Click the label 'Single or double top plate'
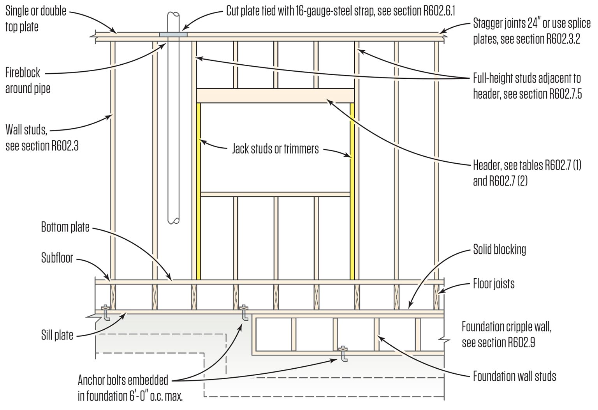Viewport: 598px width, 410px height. (36, 19)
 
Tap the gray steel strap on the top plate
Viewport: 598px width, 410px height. (173, 35)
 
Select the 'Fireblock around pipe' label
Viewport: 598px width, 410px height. (28, 81)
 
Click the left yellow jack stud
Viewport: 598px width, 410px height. (199, 191)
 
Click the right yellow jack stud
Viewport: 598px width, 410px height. (352, 191)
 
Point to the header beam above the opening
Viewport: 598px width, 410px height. (275, 95)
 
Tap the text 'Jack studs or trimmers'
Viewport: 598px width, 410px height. (275, 149)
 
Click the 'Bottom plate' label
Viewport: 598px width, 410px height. (65, 227)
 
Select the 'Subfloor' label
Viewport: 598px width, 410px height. (57, 258)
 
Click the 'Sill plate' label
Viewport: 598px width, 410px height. (57, 335)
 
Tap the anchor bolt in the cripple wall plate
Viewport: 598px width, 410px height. (343, 353)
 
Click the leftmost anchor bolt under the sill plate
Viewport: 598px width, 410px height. (106, 312)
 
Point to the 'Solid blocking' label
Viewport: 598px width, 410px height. (499, 249)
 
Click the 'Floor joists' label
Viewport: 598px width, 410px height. (493, 284)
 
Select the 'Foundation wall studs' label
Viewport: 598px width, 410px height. (514, 376)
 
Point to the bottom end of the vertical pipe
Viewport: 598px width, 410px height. (173, 220)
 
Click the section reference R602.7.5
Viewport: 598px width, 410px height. (565, 95)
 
